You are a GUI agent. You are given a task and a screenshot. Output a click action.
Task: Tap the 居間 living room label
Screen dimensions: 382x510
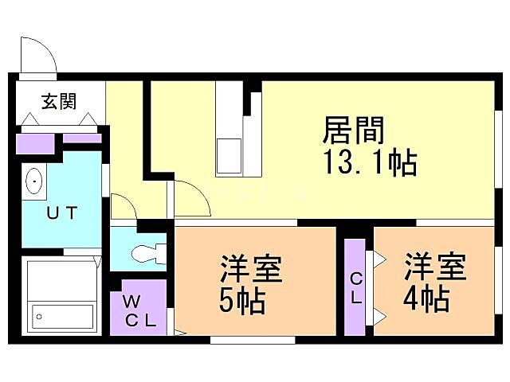pos(354,128)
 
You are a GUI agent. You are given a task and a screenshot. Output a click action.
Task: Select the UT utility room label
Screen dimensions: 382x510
pos(61,212)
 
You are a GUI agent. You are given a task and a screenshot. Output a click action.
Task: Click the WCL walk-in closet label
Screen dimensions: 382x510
pos(139,311)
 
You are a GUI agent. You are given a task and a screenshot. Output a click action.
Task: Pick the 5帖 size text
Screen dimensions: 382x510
pos(241,302)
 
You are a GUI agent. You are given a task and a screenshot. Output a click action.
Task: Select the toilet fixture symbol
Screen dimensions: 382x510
pos(148,253)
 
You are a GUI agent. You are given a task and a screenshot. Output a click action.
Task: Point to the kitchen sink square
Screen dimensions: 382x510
pos(229,153)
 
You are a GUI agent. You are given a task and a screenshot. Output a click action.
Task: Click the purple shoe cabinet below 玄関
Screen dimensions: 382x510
pos(35,144)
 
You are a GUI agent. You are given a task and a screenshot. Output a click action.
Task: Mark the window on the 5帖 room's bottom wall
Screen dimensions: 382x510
pos(252,340)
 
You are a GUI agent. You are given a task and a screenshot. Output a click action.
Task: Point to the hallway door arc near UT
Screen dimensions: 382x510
pos(124,206)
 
